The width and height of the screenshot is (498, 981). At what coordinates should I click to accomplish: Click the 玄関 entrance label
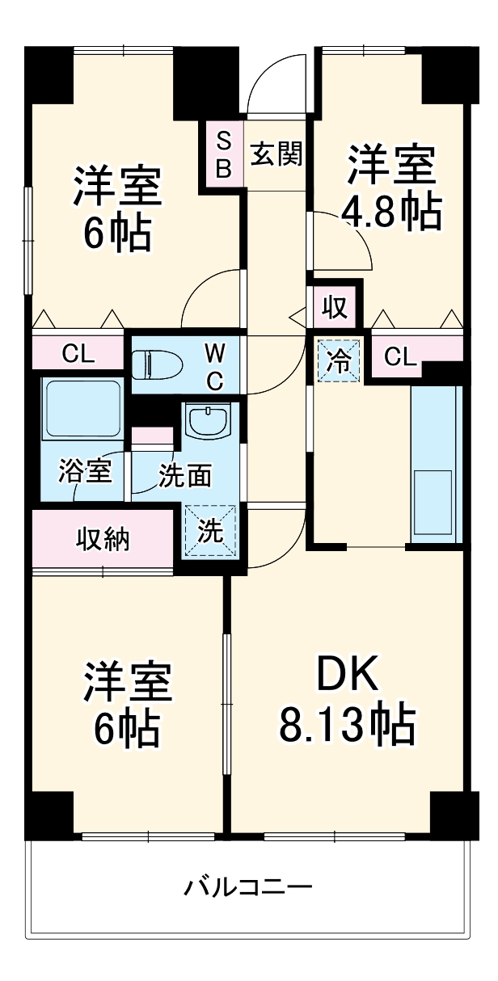275,154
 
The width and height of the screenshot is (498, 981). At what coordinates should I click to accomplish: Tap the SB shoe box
224,155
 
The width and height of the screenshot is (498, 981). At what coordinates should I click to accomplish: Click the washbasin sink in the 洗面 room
209,420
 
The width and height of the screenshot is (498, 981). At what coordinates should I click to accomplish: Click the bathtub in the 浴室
82,408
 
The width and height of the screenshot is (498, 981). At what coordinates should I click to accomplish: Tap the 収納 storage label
103,538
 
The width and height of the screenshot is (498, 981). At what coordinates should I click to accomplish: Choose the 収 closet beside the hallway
335,306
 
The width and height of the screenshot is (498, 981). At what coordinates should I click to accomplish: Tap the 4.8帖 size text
391,212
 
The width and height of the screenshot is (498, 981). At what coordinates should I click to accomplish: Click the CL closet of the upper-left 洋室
78,353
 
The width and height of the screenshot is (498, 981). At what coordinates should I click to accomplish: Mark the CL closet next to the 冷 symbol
402,356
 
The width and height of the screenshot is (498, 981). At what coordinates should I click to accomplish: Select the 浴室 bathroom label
84,472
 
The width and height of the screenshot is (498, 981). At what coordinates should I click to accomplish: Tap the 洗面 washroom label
184,476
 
